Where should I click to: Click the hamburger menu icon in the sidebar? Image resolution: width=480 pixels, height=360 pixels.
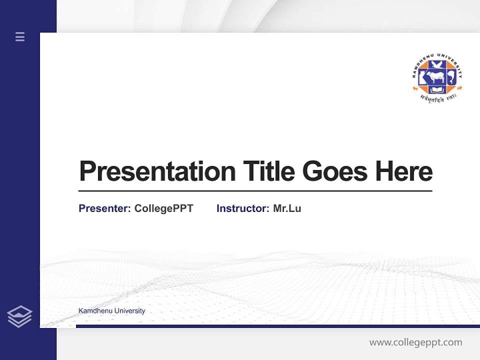[20, 36]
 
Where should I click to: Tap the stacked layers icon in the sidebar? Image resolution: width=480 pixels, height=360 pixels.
[19, 316]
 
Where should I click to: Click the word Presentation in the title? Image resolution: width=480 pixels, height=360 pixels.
[157, 171]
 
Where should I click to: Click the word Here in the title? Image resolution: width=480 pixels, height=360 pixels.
[404, 171]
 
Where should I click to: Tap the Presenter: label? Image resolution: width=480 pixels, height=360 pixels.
[104, 208]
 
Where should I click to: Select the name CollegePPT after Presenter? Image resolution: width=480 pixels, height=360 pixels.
[163, 208]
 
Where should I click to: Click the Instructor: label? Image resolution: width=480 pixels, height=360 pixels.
[242, 208]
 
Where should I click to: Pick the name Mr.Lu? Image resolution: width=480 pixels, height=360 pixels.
[287, 208]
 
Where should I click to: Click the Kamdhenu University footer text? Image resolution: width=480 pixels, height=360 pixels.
[111, 311]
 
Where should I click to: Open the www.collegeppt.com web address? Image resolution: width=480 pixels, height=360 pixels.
[415, 342]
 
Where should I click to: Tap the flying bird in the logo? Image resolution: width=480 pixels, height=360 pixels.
[437, 64]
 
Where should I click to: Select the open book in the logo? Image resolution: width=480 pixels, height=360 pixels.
[437, 89]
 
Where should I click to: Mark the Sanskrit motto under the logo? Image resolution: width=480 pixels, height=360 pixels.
[438, 98]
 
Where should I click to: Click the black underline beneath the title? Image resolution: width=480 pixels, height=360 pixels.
[255, 191]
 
